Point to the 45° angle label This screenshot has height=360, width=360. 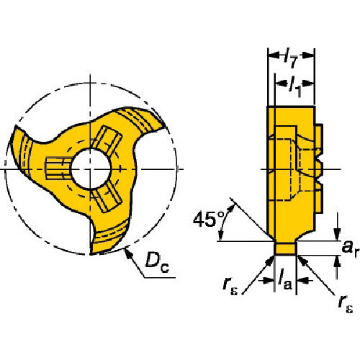[208, 220]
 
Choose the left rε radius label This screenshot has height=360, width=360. [230, 286]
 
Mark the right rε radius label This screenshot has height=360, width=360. [346, 305]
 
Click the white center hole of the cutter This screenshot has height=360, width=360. [91, 169]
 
